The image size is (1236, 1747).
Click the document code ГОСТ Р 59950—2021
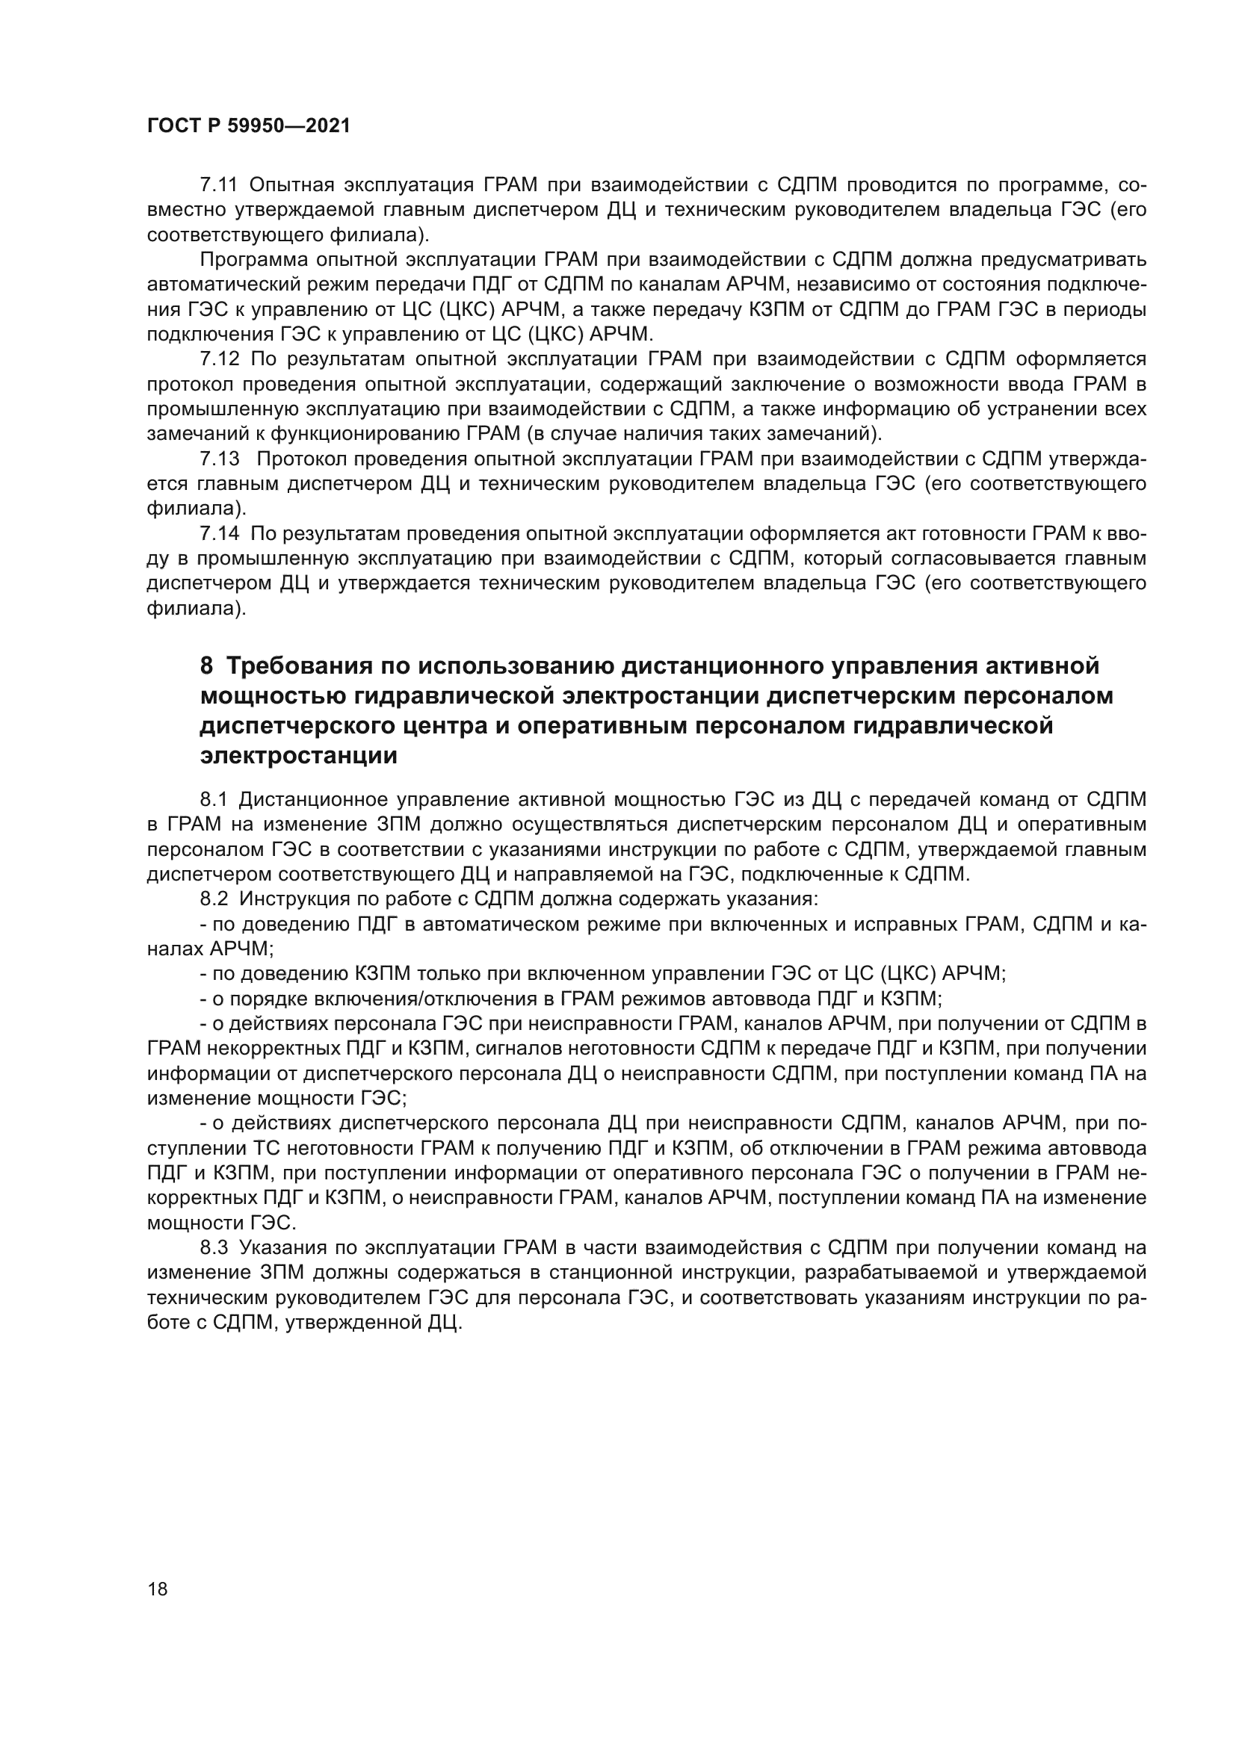tap(248, 126)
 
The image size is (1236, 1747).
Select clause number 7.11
tap(219, 185)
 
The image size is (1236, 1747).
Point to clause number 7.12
tap(219, 359)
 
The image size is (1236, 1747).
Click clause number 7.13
tap(219, 459)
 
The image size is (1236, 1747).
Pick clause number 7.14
tap(219, 534)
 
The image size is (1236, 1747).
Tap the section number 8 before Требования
tap(206, 666)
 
